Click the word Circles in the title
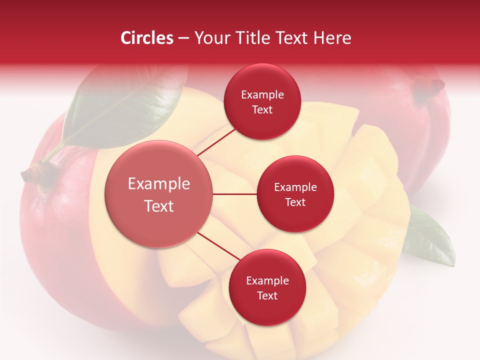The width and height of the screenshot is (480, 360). click(146, 38)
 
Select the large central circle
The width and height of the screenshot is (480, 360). click(159, 194)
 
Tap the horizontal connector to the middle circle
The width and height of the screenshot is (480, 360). click(235, 194)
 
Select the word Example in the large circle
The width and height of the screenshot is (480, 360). click(159, 184)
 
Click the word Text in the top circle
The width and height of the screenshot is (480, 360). click(262, 109)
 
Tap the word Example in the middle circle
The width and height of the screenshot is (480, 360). click(295, 187)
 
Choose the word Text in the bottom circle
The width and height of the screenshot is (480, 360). click(267, 295)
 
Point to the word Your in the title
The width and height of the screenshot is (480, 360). click(209, 38)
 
